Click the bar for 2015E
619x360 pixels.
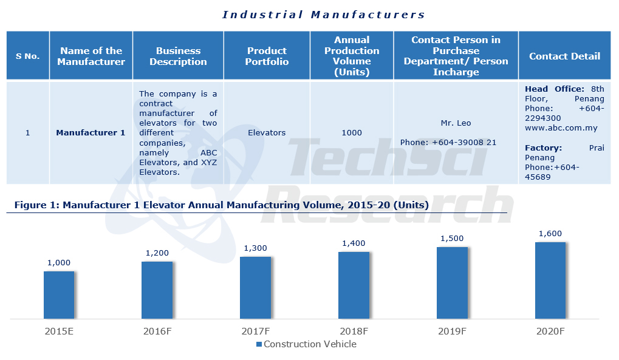pyautogui.click(x=59, y=294)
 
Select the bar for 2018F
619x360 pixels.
pyautogui.click(x=354, y=285)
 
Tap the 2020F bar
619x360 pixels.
pyautogui.click(x=550, y=280)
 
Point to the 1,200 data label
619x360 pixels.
pyautogui.click(x=157, y=253)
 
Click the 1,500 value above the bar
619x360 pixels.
pyautogui.click(x=452, y=239)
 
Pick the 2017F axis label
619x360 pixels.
pyautogui.click(x=255, y=331)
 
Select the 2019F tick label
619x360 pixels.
pyautogui.click(x=452, y=331)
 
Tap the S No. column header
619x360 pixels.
pyautogui.click(x=27, y=56)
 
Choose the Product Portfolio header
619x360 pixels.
pyautogui.click(x=267, y=56)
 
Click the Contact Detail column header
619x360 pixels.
pyautogui.click(x=564, y=56)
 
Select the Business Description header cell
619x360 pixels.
pyautogui.click(x=178, y=56)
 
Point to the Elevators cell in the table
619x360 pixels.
pyautogui.click(x=267, y=132)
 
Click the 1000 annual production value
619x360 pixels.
pyautogui.click(x=352, y=132)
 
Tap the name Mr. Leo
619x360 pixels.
pyautogui.click(x=456, y=123)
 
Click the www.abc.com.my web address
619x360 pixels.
pyautogui.click(x=561, y=128)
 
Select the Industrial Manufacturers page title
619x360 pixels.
pyautogui.click(x=323, y=15)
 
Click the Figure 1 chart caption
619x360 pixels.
pyautogui.click(x=221, y=205)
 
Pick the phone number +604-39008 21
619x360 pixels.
pyautogui.click(x=448, y=142)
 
